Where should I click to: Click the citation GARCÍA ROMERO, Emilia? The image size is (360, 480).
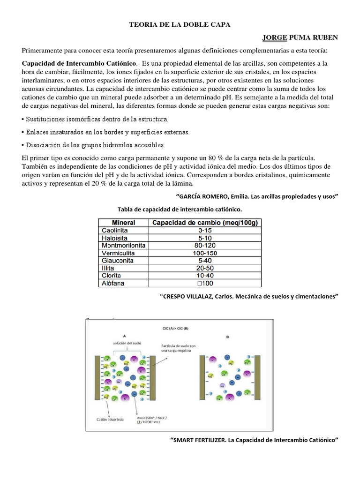(x=256, y=196)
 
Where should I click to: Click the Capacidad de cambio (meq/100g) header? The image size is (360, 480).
(x=205, y=222)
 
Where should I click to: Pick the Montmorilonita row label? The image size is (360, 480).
(x=124, y=245)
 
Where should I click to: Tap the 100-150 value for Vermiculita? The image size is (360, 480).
(x=205, y=253)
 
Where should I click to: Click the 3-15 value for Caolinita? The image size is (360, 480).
(x=205, y=230)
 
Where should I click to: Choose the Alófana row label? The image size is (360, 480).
(x=113, y=283)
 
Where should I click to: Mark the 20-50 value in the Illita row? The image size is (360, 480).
(x=205, y=268)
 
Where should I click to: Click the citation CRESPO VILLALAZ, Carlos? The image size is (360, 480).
(x=249, y=297)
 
